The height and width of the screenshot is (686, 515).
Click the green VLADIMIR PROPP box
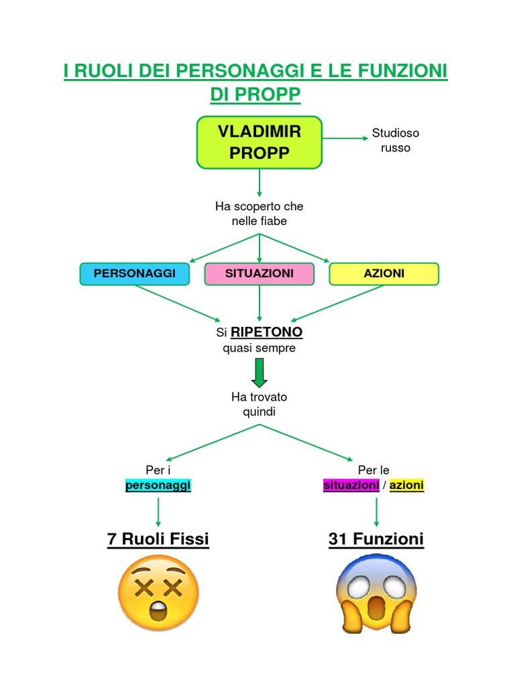point(259,142)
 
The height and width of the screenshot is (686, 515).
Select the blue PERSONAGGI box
point(134,273)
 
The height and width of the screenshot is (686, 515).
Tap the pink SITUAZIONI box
point(259,273)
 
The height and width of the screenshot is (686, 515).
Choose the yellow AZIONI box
point(384,273)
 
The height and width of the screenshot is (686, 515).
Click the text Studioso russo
point(396,141)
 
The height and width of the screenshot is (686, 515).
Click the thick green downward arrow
point(260,372)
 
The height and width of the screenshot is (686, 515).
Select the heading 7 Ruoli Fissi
point(158,539)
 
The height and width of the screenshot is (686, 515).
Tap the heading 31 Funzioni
point(376,539)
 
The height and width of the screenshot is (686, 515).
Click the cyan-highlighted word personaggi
point(158,485)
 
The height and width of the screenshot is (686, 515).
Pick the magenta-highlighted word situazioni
point(351,485)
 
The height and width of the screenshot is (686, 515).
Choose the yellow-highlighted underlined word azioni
point(406,485)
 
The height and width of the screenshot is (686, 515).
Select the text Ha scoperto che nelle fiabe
point(259,214)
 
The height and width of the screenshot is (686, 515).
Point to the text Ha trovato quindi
point(259,404)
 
